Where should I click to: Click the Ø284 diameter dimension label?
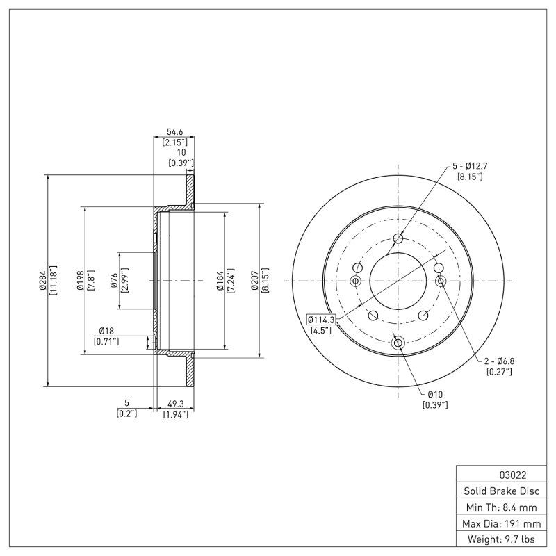[42, 280]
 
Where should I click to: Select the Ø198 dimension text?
[81, 280]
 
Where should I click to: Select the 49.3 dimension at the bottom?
[175, 403]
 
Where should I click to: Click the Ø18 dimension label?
[106, 331]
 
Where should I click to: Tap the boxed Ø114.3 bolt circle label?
[321, 320]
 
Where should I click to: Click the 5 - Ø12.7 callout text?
[471, 166]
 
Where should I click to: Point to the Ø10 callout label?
[435, 393]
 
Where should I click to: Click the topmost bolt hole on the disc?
[398, 240]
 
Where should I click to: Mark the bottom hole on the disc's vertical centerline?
[398, 343]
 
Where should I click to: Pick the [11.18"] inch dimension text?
[53, 280]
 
